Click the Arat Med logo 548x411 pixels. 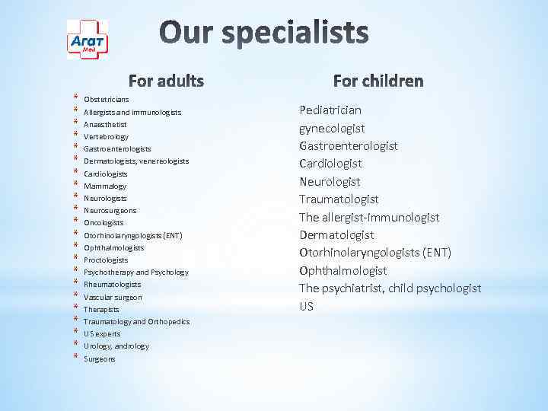pos(88,40)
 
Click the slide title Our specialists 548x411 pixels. pos(264,33)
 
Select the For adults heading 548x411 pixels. pos(166,81)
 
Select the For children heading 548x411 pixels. pos(378,81)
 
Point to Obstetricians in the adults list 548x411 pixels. pos(106,100)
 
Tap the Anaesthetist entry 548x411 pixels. pos(105,124)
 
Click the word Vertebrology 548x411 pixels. pos(106,136)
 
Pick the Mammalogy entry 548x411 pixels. pos(105,186)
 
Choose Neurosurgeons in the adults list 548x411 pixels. pos(110,210)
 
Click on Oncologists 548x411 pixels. pos(104,223)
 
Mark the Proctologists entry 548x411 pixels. pos(106,260)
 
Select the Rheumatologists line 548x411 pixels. pos(112,285)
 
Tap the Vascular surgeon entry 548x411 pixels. pos(113,297)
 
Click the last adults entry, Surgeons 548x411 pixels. pos(100,358)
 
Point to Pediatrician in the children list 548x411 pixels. pos(330,110)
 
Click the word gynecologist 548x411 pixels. pos(332,128)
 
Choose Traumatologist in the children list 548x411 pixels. pos(339,199)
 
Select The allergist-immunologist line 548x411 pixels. pos(369,217)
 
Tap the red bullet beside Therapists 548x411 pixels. pos(76,308)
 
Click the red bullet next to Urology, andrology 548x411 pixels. pos(76,345)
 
